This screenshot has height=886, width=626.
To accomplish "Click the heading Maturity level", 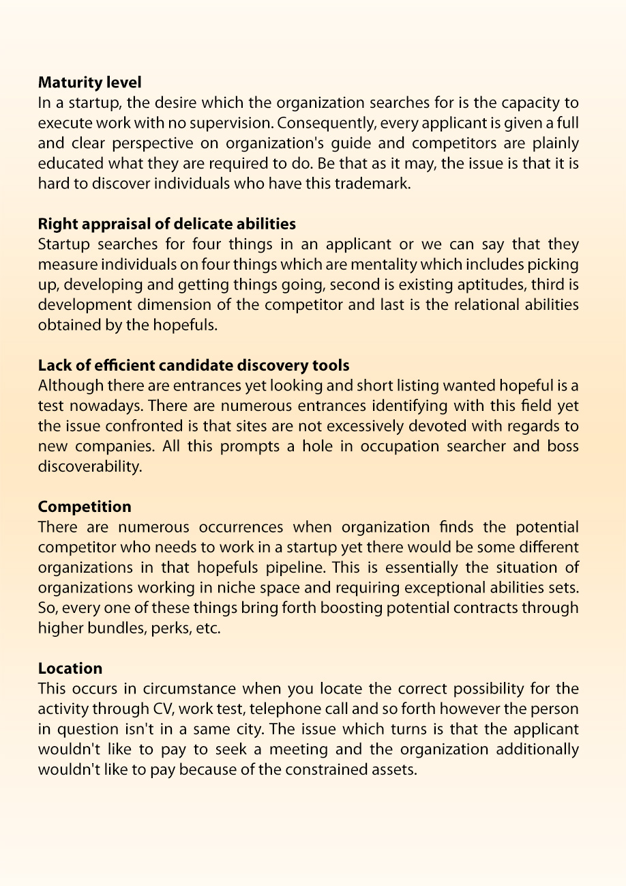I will pos(89,83).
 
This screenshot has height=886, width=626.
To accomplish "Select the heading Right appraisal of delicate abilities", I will pos(167,224).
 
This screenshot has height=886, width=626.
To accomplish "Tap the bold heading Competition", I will pos(85,506).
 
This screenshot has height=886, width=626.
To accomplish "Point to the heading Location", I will pos(70,668).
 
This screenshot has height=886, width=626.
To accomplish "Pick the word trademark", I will pos(380,184).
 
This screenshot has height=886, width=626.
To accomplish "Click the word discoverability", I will pos(90,467).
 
